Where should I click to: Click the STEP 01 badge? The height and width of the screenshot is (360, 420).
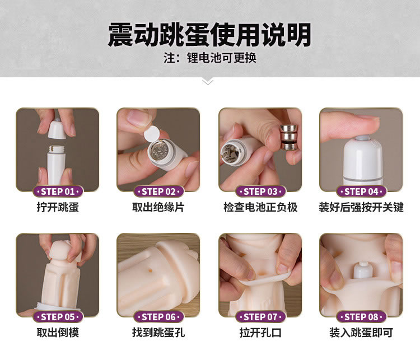[x=58, y=191]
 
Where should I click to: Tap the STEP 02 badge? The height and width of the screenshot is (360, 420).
[x=158, y=191]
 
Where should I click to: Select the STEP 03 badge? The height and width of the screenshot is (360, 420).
[x=260, y=191]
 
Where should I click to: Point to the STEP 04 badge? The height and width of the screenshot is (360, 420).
[x=361, y=191]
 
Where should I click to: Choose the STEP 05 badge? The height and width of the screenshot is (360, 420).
[x=58, y=317]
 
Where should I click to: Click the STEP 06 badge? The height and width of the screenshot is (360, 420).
[x=158, y=317]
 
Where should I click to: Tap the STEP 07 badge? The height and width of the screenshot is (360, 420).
[x=260, y=317]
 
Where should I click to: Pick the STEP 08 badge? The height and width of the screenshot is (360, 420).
[x=361, y=317]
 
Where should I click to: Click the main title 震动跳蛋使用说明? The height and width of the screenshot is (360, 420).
[x=209, y=35]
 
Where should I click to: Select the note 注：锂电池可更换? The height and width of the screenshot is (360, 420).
[x=210, y=58]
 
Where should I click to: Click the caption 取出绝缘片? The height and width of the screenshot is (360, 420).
[x=158, y=207]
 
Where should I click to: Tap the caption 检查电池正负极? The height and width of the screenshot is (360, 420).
[x=260, y=207]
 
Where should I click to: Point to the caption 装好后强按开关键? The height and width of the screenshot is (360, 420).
[x=361, y=207]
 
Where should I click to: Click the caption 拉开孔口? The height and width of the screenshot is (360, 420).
[x=260, y=333]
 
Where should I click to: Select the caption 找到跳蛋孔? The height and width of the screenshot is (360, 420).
[x=158, y=333]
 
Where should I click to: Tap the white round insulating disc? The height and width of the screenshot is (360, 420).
[x=152, y=133]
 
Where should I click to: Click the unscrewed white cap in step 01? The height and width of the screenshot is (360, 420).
[x=57, y=128]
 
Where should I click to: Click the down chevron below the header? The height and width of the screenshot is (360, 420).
[x=208, y=82]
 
